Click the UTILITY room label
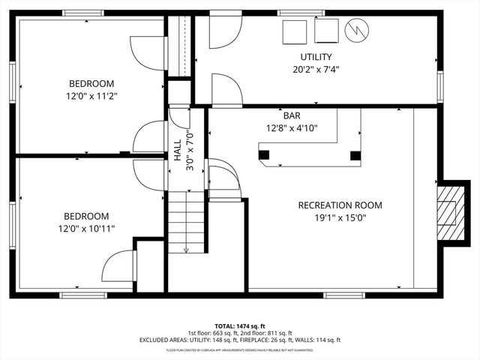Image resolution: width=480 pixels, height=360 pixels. pos(316,57)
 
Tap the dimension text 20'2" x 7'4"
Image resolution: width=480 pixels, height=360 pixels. pos(316,70)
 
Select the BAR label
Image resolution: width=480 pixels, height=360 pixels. pos(291,115)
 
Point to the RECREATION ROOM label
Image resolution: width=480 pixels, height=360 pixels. pos(340,205)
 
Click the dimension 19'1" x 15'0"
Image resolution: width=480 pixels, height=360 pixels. pos(340,218)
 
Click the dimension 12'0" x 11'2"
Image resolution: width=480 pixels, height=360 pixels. pos(91,96)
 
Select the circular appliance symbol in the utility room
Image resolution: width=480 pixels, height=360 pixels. pos(355,31)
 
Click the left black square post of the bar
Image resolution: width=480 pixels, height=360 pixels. pos(263,155)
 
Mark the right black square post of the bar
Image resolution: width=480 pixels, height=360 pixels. pos(355,156)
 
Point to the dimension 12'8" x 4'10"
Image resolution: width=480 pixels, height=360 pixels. pos(291,128)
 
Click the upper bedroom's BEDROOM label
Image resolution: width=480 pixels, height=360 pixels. pos(91,83)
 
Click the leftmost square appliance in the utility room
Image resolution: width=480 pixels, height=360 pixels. pos(294,32)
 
